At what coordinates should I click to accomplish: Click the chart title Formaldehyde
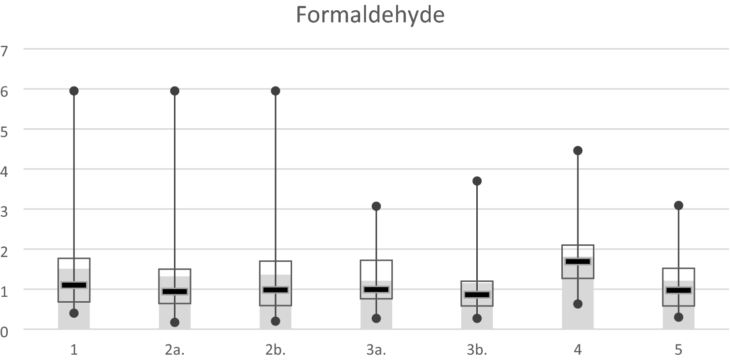pos(370,16)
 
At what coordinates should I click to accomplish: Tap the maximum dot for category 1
pos(74,91)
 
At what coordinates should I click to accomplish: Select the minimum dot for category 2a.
pos(174,322)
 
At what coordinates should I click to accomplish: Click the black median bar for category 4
pos(577,261)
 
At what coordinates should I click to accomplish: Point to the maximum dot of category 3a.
pos(376,206)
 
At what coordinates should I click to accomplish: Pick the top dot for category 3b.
pos(477,181)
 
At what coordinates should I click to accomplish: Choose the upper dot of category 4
pos(577,151)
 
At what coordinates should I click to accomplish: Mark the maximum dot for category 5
pos(678,206)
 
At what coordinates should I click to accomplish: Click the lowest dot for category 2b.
pos(275,321)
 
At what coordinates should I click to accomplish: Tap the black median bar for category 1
pos(74,285)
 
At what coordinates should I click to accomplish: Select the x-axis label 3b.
pos(477,349)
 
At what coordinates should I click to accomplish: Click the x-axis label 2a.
pos(174,349)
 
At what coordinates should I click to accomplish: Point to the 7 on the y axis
pos(5,49)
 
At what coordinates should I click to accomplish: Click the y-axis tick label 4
pos(5,169)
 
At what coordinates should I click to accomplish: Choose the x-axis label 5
pos(678,349)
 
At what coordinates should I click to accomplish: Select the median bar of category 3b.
pos(477,295)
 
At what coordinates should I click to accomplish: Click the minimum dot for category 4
pos(577,304)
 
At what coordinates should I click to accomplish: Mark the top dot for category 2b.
pos(275,91)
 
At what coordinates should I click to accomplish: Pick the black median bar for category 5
pos(678,291)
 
